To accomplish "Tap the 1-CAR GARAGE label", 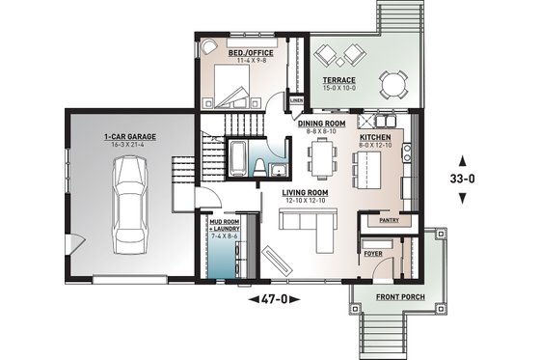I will click(131, 138).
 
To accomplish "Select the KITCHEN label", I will click(375, 138).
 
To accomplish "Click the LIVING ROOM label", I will click(306, 193).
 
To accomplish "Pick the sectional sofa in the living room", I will click(305, 228).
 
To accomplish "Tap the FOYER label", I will click(373, 253).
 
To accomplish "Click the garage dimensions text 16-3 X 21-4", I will click(131, 147).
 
